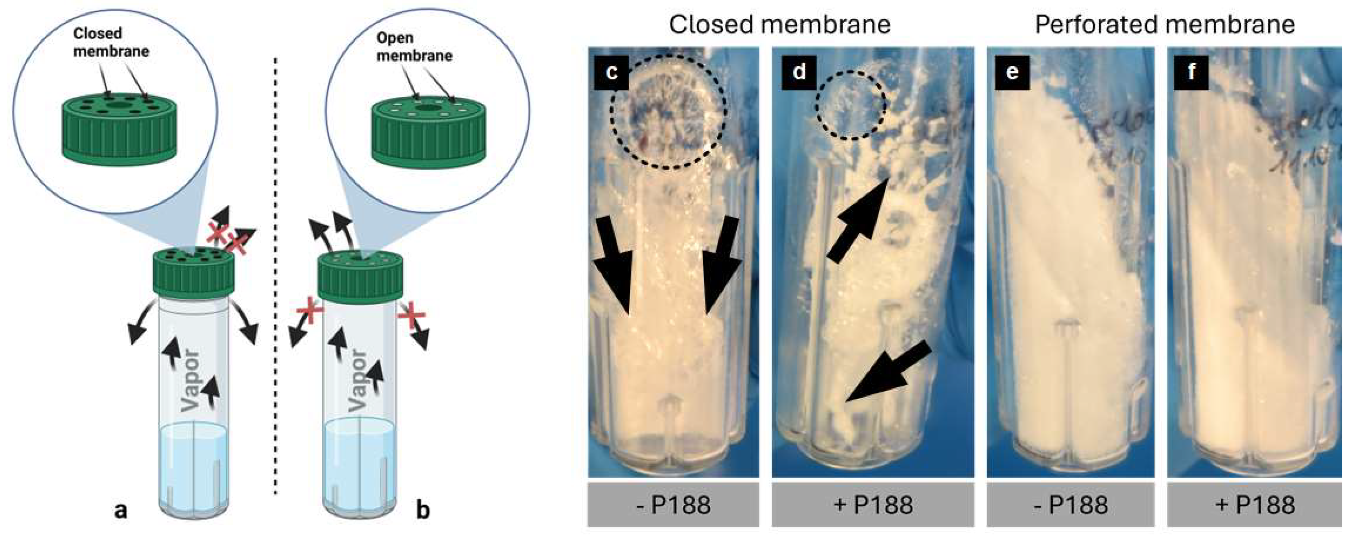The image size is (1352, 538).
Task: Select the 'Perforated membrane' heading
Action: click(x=1165, y=25)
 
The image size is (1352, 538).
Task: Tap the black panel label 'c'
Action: click(x=611, y=71)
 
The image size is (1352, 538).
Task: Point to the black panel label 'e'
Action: click(x=1012, y=71)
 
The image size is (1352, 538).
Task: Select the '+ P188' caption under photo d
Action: click(x=873, y=505)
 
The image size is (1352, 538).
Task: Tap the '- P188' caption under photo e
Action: click(x=1071, y=505)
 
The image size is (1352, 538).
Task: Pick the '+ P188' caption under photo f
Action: click(x=1255, y=505)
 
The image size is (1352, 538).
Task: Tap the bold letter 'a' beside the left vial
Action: click(x=121, y=509)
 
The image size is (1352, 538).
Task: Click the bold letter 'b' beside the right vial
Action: click(x=423, y=509)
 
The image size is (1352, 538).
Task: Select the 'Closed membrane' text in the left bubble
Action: click(x=110, y=42)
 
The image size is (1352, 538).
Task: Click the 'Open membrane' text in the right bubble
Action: click(x=414, y=46)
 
